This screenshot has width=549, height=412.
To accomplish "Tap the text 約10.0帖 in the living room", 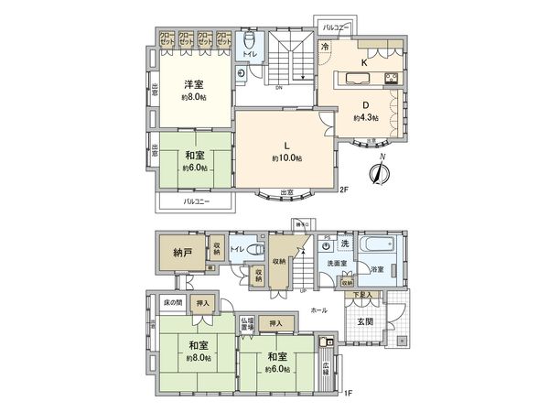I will click(x=286, y=158).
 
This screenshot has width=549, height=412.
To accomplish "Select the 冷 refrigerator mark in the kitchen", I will click(x=325, y=47).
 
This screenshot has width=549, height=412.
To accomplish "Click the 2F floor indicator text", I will click(x=344, y=190).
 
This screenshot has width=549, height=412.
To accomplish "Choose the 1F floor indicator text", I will click(x=348, y=393).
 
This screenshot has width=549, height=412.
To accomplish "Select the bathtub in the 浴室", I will click(x=376, y=247).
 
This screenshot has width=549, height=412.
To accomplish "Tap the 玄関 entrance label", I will click(x=364, y=320).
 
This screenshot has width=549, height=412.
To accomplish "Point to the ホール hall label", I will click(x=318, y=309).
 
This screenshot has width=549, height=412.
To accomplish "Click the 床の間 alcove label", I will click(x=174, y=302).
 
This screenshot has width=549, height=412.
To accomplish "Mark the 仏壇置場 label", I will click(x=247, y=323).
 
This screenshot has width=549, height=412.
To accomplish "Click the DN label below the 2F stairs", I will click(x=278, y=88).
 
